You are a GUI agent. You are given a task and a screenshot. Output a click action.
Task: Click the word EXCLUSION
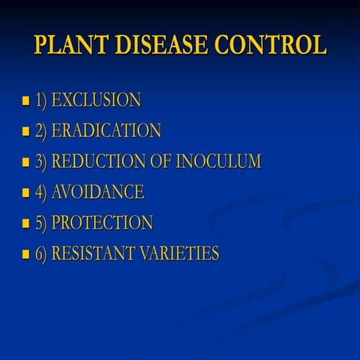pyautogui.click(x=96, y=100)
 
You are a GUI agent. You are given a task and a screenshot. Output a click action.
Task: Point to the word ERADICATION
pyautogui.click(x=106, y=130)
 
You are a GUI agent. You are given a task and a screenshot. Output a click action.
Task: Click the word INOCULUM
pyautogui.click(x=218, y=161)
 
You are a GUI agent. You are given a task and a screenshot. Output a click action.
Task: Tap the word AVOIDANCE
pyautogui.click(x=97, y=192)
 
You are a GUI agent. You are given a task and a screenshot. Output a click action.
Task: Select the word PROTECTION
pyautogui.click(x=102, y=223)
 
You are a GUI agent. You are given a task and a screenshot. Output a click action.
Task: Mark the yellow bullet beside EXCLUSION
pyautogui.click(x=26, y=100)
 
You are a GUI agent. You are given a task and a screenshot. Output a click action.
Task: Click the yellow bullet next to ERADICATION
pyautogui.click(x=26, y=131)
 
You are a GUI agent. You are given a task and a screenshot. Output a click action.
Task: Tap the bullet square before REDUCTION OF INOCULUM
pyautogui.click(x=26, y=162)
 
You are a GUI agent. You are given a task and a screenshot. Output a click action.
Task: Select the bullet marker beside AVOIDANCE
pyautogui.click(x=26, y=193)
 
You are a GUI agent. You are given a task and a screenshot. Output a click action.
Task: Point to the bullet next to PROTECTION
pyautogui.click(x=26, y=223)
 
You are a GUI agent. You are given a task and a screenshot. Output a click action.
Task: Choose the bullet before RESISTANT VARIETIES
pyautogui.click(x=26, y=254)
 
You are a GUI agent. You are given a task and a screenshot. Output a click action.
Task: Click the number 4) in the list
pyautogui.click(x=40, y=192)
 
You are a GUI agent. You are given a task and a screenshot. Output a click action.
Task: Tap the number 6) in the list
pyautogui.click(x=40, y=253)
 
